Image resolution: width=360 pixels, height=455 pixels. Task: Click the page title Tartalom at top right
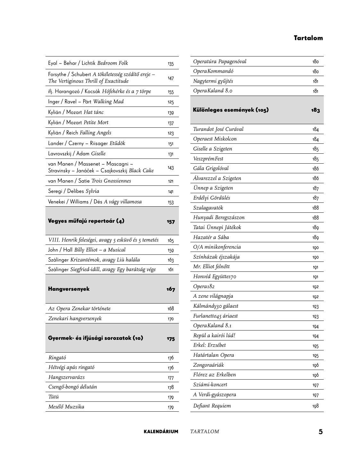click(x=308, y=38)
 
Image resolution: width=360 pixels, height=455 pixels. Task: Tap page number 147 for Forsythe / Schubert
click(x=171, y=78)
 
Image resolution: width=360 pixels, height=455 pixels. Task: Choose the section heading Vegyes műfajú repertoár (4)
click(x=86, y=221)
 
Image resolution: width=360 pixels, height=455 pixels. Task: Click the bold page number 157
click(x=171, y=221)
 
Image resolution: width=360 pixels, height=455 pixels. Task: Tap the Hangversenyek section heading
click(x=69, y=289)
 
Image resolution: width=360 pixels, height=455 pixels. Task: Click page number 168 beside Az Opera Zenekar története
click(x=171, y=309)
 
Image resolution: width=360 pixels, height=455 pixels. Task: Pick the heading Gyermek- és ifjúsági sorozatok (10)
click(x=96, y=338)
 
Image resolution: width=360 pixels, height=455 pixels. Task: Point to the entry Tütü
click(x=54, y=397)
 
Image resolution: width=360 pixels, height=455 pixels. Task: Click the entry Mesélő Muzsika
click(x=66, y=407)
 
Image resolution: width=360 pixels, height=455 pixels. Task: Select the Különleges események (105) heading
click(x=231, y=110)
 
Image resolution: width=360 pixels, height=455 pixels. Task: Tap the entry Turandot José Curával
click(x=218, y=129)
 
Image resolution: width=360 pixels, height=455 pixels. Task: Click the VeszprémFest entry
click(x=208, y=159)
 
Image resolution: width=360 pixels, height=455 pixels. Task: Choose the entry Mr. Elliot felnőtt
click(x=211, y=267)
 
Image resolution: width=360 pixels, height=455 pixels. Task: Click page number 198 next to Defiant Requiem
click(x=315, y=406)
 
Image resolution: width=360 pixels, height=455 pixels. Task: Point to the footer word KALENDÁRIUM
click(x=161, y=432)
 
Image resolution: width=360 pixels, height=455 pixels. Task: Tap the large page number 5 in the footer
click(x=321, y=432)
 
